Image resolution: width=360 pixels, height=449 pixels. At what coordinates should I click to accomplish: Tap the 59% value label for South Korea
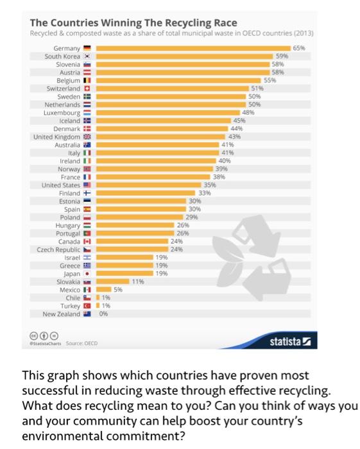point(281,56)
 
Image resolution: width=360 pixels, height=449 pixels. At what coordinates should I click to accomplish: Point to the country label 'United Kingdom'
point(57,137)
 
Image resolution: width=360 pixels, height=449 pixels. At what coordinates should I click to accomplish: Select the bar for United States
point(148,185)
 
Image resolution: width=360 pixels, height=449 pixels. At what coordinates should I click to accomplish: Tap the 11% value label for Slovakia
point(137,281)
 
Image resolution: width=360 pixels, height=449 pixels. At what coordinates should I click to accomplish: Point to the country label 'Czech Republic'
point(58,249)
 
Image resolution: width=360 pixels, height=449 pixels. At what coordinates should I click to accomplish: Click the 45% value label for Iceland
point(239,120)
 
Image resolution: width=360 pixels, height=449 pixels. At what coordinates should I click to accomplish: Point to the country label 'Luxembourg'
point(62,112)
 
